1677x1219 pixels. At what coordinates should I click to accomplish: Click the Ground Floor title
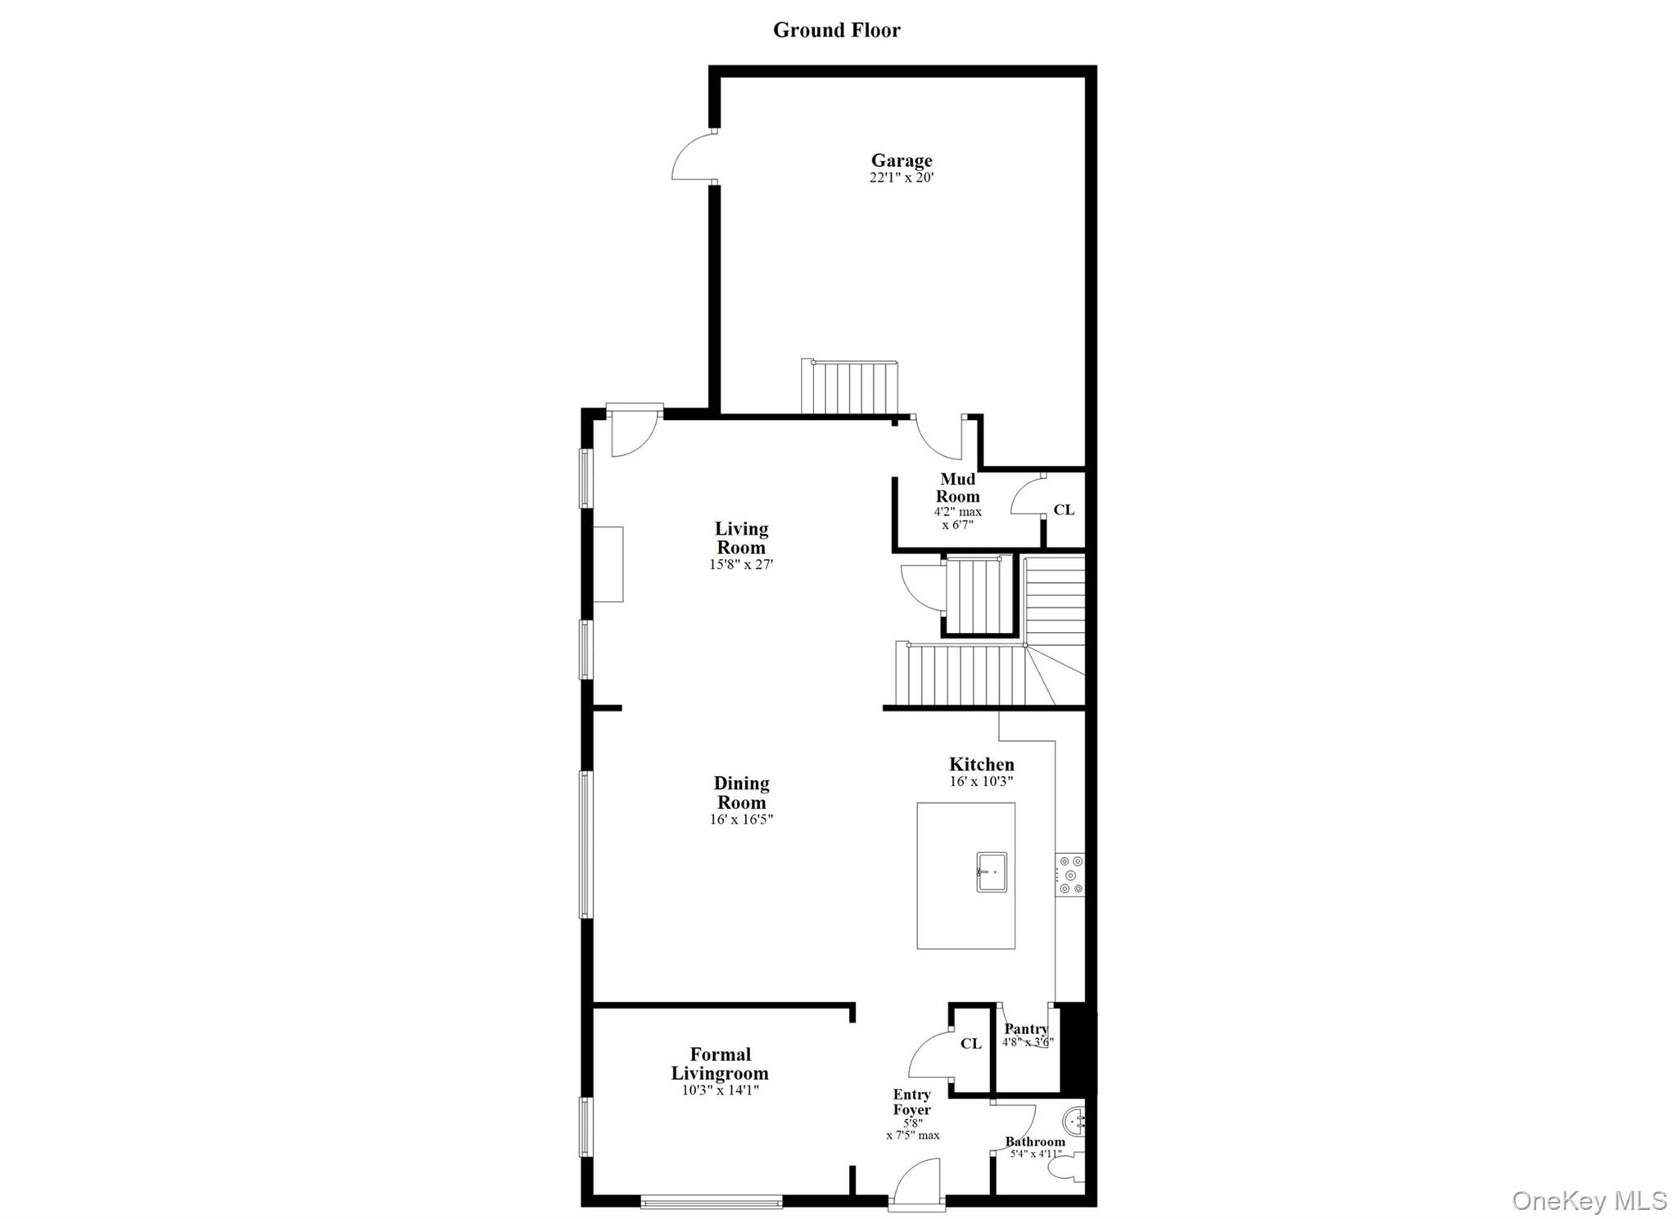point(836,30)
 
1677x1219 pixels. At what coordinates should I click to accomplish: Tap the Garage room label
point(901,160)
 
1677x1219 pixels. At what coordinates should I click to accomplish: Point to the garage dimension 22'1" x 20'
point(901,178)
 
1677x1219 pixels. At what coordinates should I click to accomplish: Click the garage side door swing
point(693,158)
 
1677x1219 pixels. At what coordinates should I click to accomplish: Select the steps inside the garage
point(850,388)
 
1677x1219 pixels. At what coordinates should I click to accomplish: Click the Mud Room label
point(957,488)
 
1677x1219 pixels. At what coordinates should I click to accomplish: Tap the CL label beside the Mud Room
point(1063,510)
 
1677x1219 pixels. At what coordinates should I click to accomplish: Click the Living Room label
point(741,538)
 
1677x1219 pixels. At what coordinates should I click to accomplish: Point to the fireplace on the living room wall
point(608,564)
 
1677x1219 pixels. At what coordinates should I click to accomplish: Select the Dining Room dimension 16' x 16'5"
point(741,819)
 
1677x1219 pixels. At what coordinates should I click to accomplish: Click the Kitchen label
point(981,765)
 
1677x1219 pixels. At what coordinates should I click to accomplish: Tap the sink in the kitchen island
point(991,872)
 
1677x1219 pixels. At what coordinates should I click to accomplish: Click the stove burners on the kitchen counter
point(1069,874)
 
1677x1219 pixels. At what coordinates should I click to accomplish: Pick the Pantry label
point(1026,1029)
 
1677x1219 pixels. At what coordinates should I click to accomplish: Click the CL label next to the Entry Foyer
point(970,1044)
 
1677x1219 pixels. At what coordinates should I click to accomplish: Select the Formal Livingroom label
point(720,1063)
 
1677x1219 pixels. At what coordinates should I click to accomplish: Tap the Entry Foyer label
point(911,1102)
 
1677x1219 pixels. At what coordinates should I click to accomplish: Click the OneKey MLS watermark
point(1589,1201)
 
